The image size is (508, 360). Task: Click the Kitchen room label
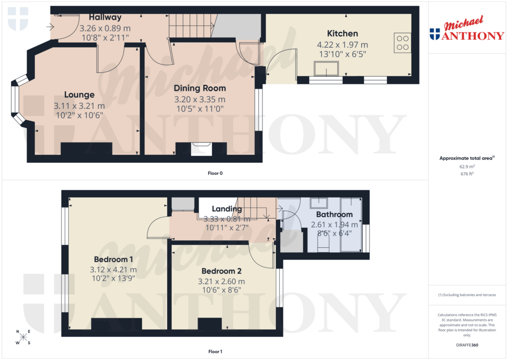click(342, 34)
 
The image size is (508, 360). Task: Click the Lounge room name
click(79, 95)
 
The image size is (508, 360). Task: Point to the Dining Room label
click(199, 88)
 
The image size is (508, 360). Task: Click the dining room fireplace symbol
click(201, 148)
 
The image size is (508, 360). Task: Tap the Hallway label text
click(105, 17)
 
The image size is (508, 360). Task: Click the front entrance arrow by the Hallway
click(52, 27)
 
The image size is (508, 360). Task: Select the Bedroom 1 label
click(113, 259)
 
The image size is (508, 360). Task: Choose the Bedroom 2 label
click(221, 272)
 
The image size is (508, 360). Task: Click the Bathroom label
click(334, 215)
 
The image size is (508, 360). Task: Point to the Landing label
click(227, 209)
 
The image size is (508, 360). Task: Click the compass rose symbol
click(23, 338)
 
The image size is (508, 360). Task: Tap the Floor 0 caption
click(215, 173)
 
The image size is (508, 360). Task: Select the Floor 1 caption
click(215, 352)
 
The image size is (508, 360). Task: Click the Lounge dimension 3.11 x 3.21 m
click(79, 106)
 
